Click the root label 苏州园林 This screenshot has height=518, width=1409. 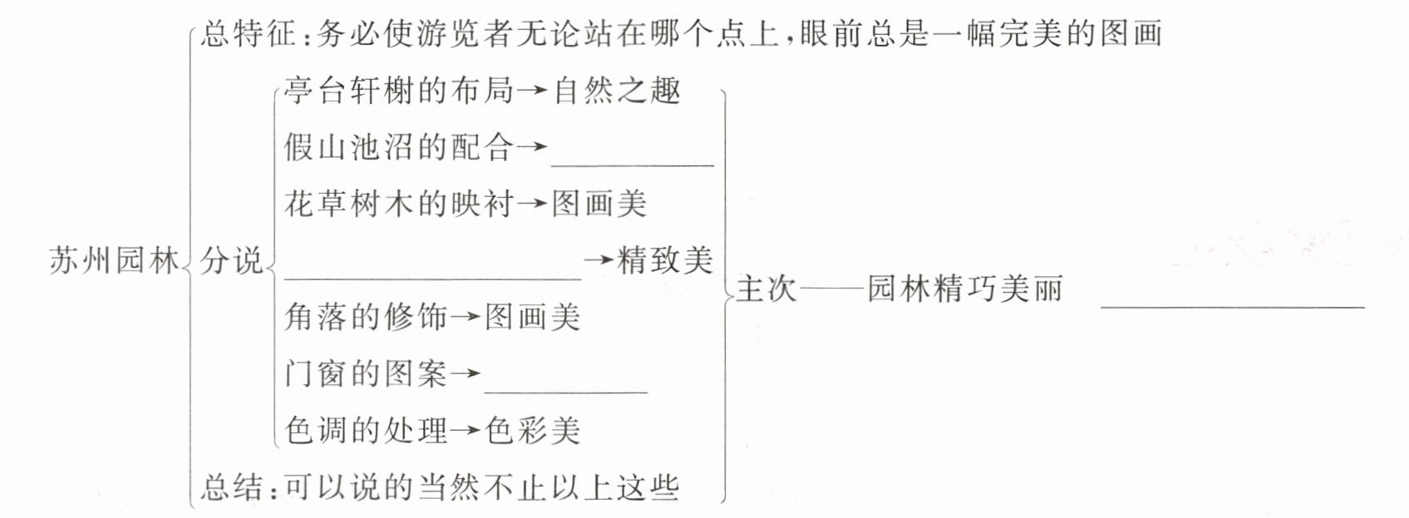pos(114,260)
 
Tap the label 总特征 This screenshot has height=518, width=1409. pos(248,33)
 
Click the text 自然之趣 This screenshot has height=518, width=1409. pos(616,90)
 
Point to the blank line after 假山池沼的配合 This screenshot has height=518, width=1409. pos(632,163)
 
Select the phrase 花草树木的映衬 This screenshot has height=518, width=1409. pos(399,204)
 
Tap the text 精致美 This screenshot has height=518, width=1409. pos(665,260)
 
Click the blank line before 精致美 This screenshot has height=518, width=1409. pos(432,276)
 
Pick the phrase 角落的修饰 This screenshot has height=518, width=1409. pos(366,317)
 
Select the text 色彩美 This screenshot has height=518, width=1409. pos(532,430)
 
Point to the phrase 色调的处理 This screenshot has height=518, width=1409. pos(366,430)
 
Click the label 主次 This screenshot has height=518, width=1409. pos(766,289)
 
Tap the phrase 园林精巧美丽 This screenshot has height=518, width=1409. pos(964,289)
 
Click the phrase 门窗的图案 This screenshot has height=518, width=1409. pos(366,373)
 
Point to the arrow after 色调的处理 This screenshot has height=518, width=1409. pos(466,431)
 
